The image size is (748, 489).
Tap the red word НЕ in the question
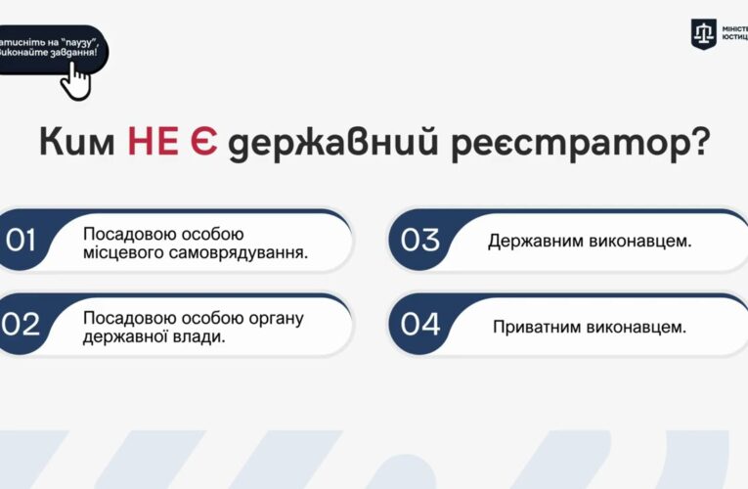153,143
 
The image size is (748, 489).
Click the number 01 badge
22,241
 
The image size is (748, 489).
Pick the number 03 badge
420,241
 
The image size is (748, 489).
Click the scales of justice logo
704,32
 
